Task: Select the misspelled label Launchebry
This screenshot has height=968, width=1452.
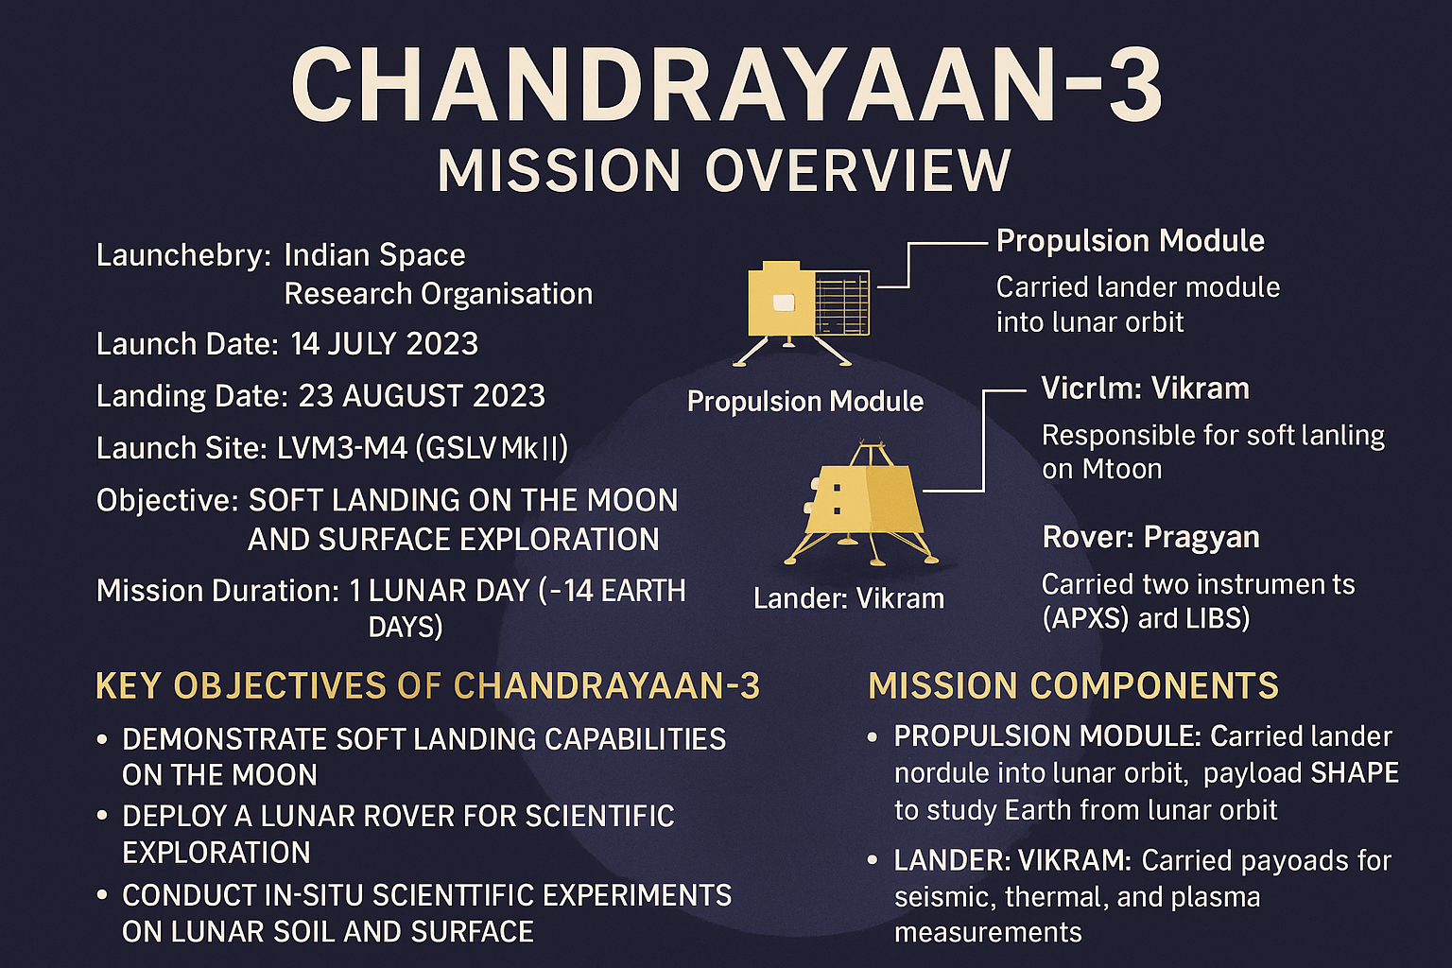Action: coord(183,255)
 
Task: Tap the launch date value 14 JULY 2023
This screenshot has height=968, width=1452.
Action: coord(385,344)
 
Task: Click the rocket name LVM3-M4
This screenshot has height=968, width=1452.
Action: coord(341,447)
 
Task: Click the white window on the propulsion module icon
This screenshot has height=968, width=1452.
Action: coord(784,302)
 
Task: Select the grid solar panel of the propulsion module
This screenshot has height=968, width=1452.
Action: coord(842,302)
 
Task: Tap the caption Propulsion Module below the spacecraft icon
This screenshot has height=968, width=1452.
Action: coord(805,402)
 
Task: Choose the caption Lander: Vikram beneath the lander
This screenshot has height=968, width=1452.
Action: coord(849,598)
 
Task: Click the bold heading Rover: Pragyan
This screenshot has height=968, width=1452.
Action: coord(1150,538)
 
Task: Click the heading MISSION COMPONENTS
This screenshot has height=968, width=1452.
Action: coord(1074,686)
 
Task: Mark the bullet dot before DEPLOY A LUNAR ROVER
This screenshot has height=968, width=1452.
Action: coord(102,815)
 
